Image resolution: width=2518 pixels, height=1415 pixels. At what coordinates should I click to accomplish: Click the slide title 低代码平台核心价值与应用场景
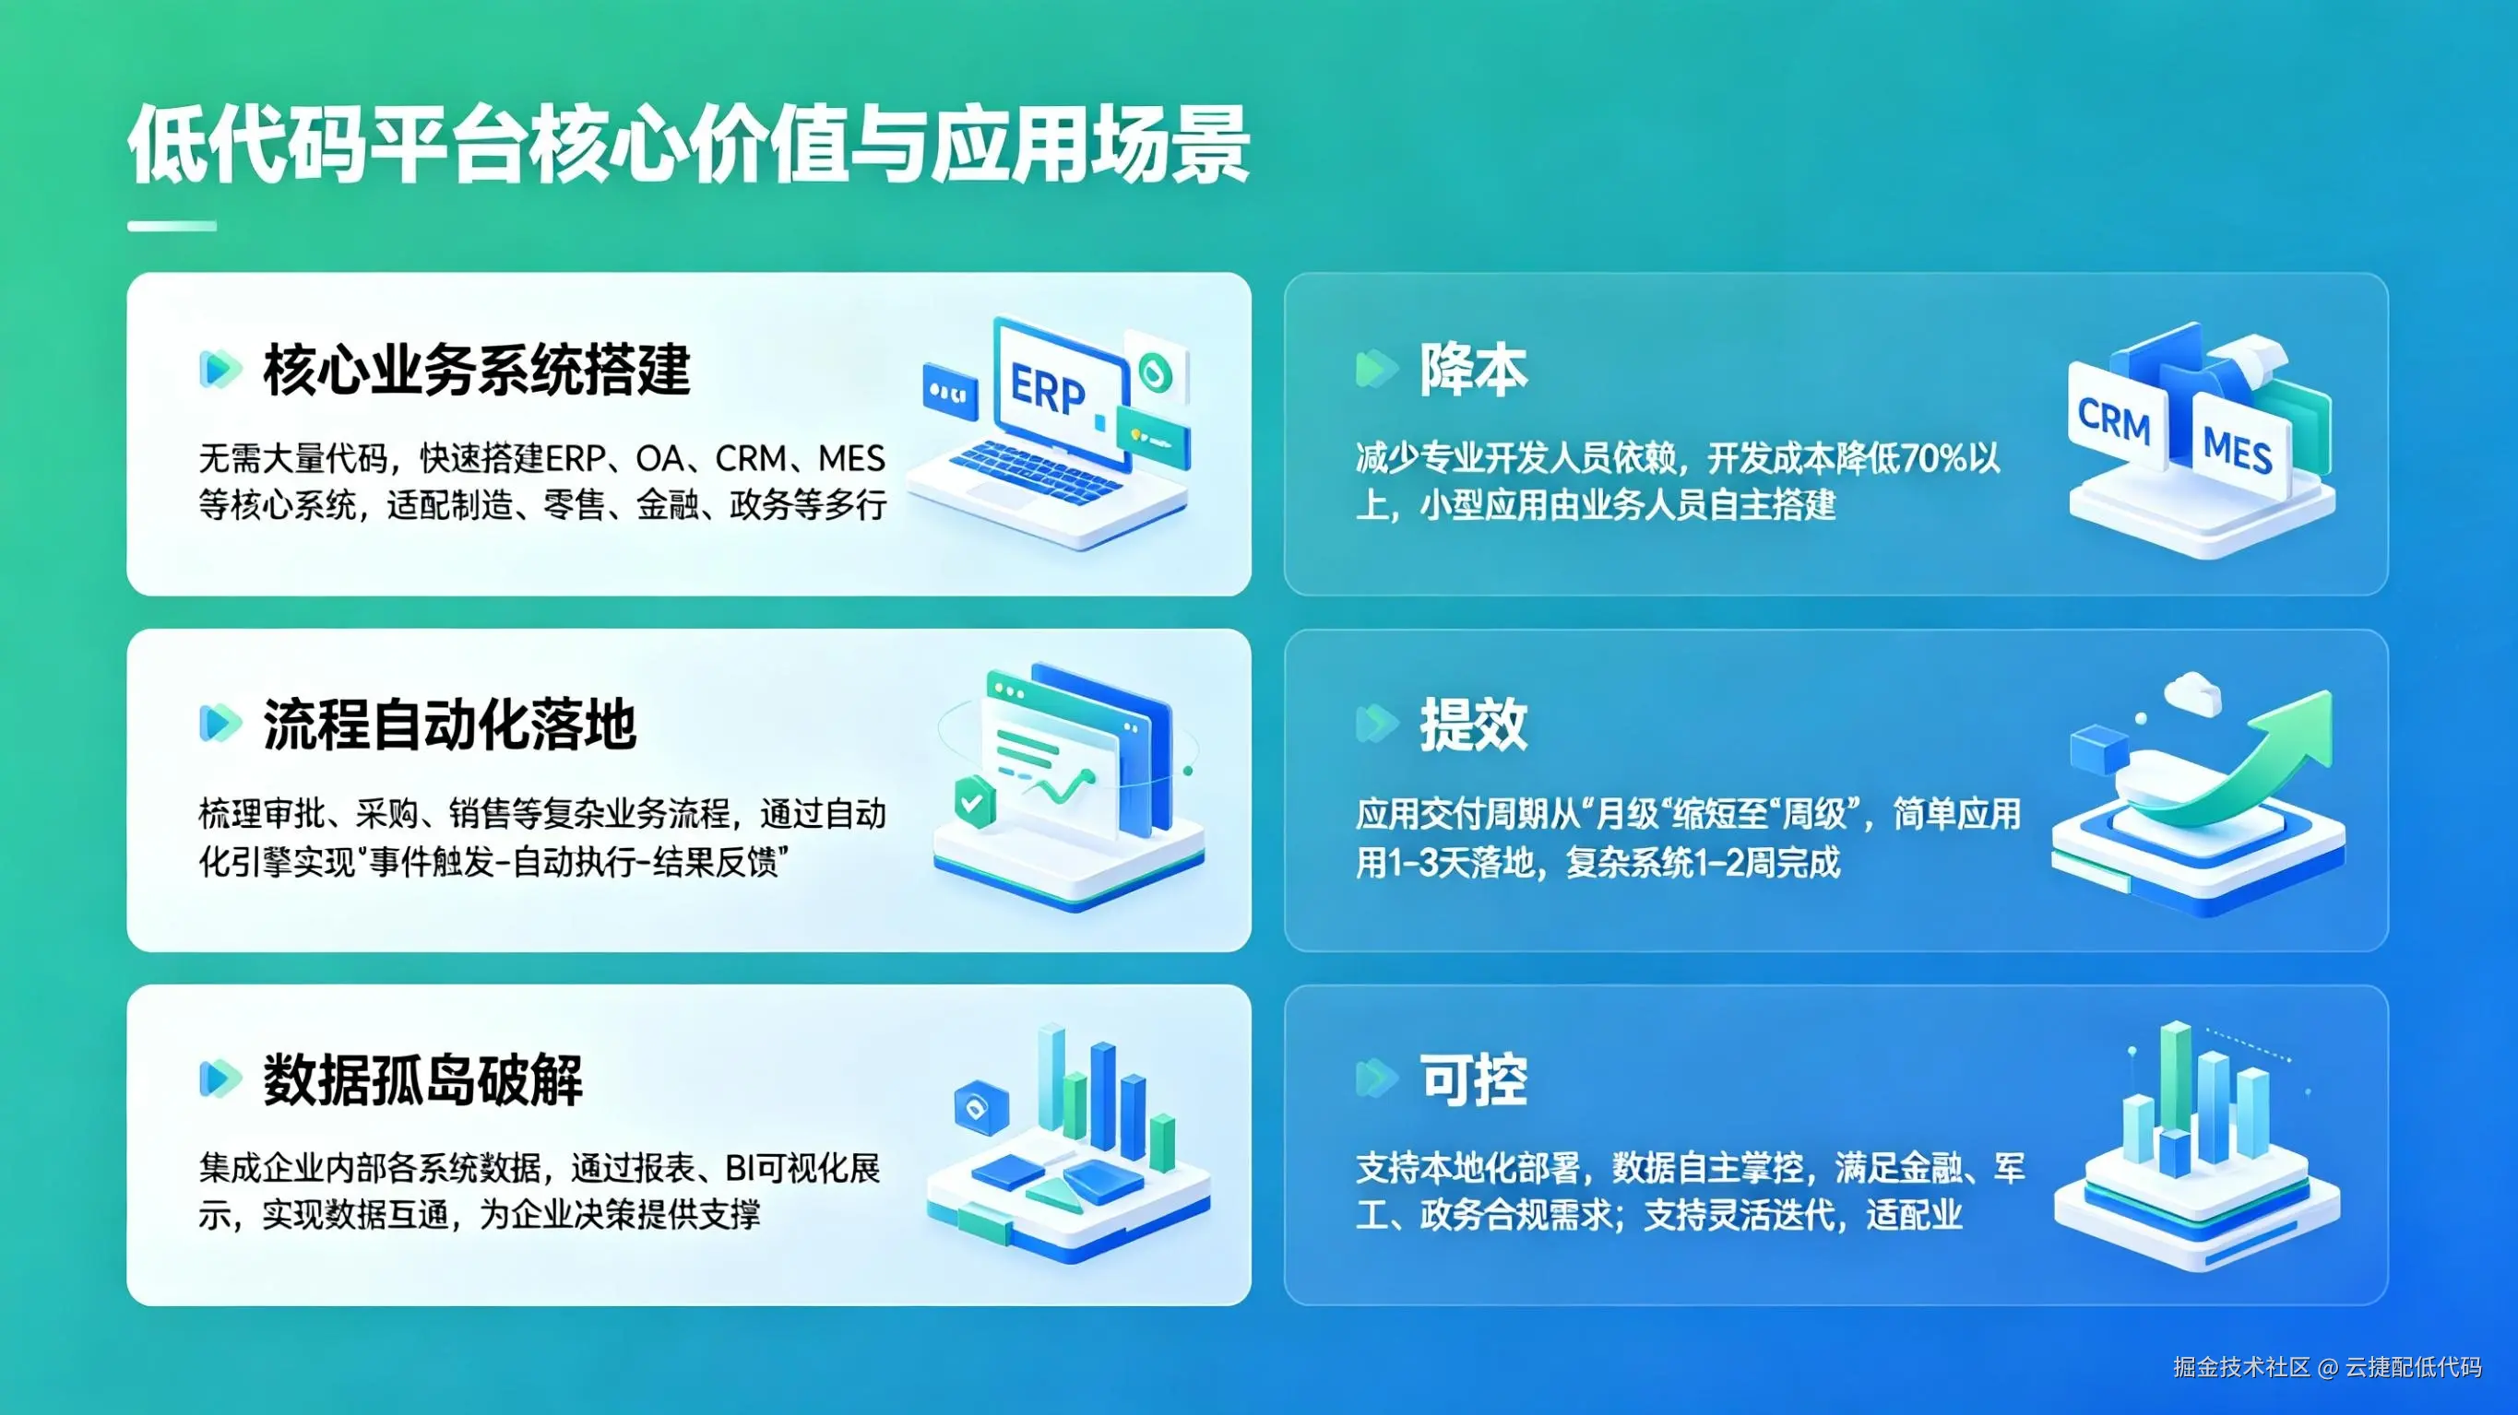tap(688, 145)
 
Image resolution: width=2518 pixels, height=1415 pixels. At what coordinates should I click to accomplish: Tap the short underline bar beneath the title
tap(172, 227)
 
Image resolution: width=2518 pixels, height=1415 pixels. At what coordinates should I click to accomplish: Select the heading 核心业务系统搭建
tap(477, 371)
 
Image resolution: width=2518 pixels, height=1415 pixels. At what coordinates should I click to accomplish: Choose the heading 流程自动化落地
tap(450, 725)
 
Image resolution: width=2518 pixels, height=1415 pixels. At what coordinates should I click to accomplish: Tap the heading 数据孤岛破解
tap(422, 1080)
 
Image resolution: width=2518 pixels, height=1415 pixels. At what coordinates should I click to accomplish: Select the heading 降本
tap(1473, 371)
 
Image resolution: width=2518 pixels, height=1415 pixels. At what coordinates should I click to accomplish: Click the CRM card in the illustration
tap(2113, 420)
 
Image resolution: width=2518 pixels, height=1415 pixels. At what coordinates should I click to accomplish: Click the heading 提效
tap(1473, 725)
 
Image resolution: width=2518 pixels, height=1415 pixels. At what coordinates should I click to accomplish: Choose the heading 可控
tap(1473, 1080)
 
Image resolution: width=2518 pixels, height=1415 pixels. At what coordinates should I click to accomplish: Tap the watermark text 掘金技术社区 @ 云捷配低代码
tap(2326, 1367)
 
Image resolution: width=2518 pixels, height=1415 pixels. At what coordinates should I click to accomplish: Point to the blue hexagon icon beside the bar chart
tap(980, 1107)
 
